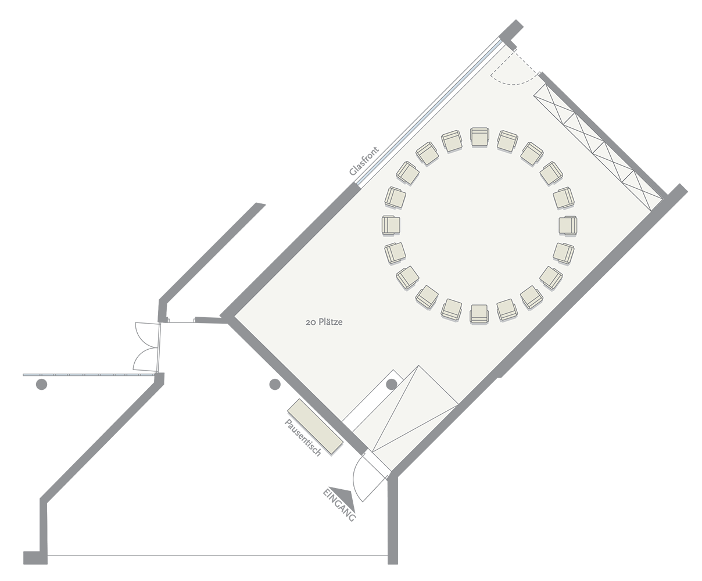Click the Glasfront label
[364, 161]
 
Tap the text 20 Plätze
[324, 322]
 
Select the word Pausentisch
[303, 437]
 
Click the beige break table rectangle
[315, 426]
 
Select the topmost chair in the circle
[479, 137]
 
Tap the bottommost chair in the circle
[479, 314]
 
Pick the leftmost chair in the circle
[391, 225]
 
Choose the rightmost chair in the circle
[568, 225]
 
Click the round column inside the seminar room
[391, 384]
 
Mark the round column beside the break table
[275, 384]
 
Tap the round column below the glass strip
[41, 384]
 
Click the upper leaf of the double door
[145, 335]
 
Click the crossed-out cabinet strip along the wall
[598, 147]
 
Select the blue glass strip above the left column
[89, 375]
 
